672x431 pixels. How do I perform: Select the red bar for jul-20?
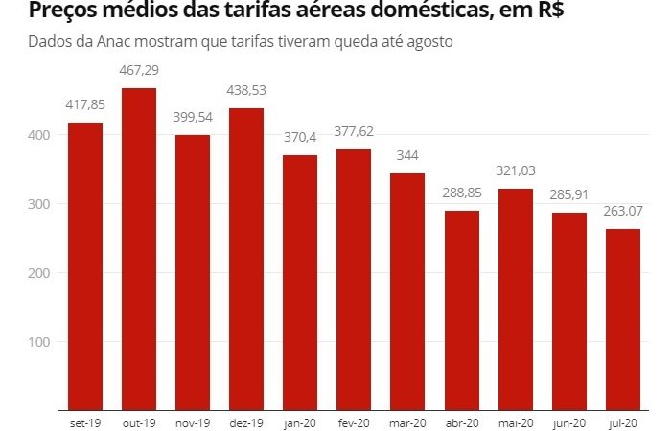[x=622, y=320]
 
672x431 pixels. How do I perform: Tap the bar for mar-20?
[x=407, y=292]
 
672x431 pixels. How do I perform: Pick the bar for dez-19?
[x=245, y=260]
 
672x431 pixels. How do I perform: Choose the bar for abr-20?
[x=461, y=311]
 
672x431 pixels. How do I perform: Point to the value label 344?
[x=407, y=156]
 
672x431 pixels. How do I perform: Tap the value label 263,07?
[x=622, y=213]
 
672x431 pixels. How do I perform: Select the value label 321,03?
[x=515, y=171]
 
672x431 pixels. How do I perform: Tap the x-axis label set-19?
[x=84, y=421]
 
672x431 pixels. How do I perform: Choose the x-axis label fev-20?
[x=354, y=421]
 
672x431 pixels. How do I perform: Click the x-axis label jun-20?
[x=568, y=421]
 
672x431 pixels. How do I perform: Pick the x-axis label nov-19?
[x=192, y=421]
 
